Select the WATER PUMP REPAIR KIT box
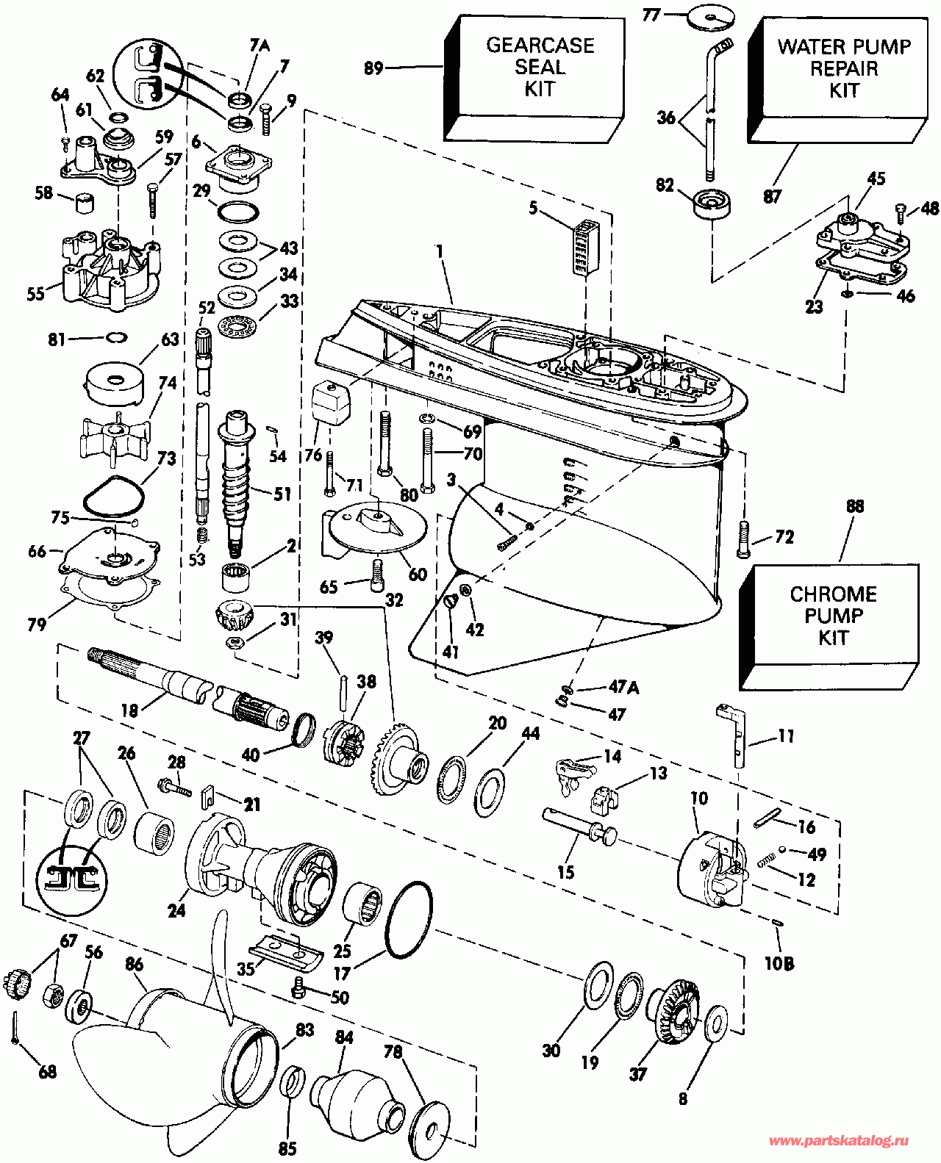click(842, 73)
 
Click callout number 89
click(374, 68)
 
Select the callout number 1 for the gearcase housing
click(440, 251)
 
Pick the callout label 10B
click(779, 963)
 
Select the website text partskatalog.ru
click(839, 1141)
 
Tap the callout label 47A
click(623, 688)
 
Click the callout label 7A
click(260, 46)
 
